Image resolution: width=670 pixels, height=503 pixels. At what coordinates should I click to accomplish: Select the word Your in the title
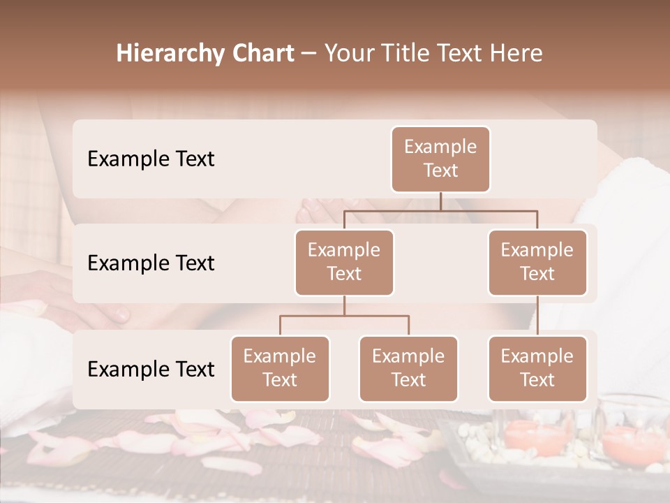(x=348, y=54)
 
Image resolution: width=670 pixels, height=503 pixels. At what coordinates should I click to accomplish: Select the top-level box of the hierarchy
(x=440, y=159)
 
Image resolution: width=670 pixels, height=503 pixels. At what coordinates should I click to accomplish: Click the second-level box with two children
(x=344, y=263)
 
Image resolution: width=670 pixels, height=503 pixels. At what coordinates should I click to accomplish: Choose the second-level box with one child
(x=537, y=263)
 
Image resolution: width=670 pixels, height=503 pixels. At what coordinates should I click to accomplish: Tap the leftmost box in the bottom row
(x=280, y=369)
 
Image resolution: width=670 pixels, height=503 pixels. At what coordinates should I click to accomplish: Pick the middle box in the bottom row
(x=408, y=369)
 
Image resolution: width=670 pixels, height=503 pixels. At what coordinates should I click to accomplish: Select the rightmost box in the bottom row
(x=537, y=369)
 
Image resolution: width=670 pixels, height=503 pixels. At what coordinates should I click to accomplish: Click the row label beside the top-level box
(x=151, y=159)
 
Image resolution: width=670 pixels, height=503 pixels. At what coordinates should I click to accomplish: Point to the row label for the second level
(x=151, y=263)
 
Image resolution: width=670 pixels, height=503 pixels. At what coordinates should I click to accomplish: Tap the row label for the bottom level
(x=151, y=370)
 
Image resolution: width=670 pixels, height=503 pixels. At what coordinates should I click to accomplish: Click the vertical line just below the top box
(x=440, y=201)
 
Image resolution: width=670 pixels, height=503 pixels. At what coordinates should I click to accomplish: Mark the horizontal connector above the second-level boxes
(x=440, y=210)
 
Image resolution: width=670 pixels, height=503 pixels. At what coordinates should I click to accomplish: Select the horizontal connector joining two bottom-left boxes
(x=344, y=316)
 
